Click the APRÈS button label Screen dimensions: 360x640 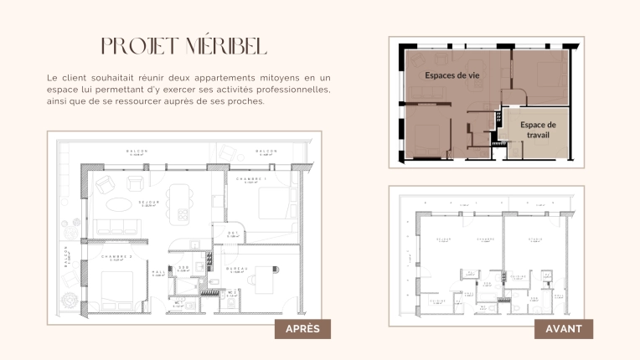(302, 330)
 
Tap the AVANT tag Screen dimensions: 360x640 (564, 330)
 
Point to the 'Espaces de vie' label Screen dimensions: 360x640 (452, 75)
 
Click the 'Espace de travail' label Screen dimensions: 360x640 (538, 129)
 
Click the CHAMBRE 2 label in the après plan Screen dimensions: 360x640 (119, 257)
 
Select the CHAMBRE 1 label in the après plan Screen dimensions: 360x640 (250, 179)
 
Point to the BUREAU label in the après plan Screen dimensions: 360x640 (235, 269)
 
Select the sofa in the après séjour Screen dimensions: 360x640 (115, 227)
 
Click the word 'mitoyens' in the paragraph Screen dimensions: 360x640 (263, 78)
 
